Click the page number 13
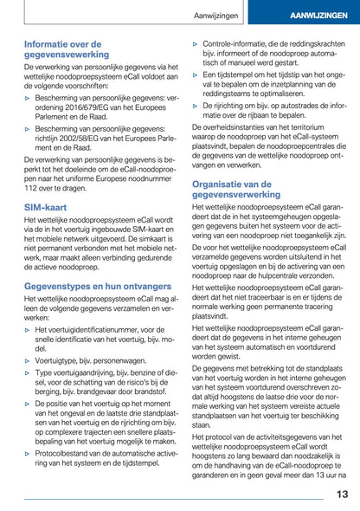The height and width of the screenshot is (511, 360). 342,494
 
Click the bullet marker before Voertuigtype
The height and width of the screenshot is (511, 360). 28,359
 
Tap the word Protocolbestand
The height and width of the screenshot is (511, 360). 67,452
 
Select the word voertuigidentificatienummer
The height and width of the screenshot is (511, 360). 93,330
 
